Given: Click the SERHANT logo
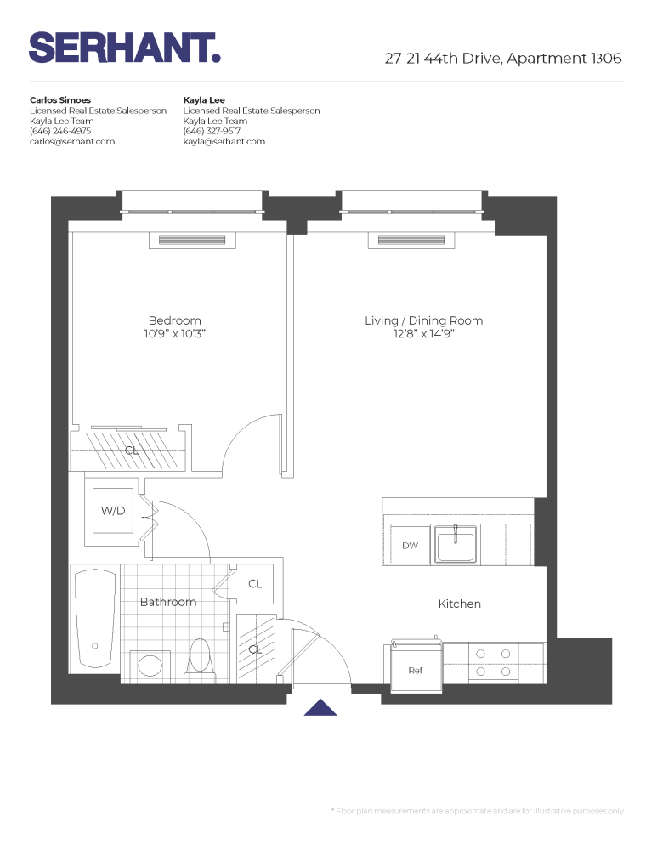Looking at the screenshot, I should point(125,48).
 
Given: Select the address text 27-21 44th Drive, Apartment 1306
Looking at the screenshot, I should point(503,59).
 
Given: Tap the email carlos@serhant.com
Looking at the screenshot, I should point(72,142).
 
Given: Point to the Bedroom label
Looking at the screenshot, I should point(174,320).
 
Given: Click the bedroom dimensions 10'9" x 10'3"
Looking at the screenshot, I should point(174,334).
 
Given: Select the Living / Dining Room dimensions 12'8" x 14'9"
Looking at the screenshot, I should point(423,334).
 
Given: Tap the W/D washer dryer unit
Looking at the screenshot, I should point(112,511).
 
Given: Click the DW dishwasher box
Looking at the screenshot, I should point(410,546).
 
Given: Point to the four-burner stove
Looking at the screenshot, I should point(493,663).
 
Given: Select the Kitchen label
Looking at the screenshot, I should point(459,603).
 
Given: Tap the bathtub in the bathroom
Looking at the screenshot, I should point(94,620).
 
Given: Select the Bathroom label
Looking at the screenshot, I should point(168,602).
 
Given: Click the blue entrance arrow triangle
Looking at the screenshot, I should point(320,707).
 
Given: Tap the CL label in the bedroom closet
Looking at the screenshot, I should point(132,450).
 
